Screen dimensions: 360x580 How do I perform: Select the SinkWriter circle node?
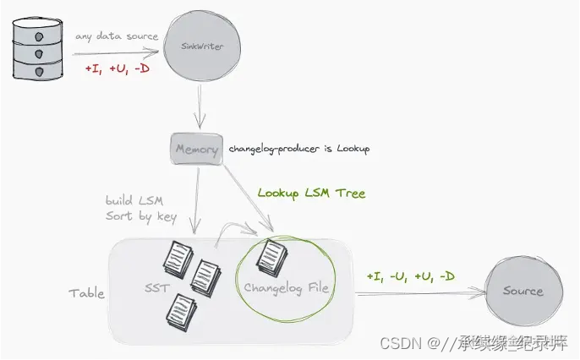pyautogui.click(x=202, y=46)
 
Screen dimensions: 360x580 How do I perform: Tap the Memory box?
pyautogui.click(x=196, y=150)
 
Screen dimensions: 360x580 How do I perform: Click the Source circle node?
pyautogui.click(x=523, y=291)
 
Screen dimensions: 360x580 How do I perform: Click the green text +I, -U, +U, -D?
pyautogui.click(x=410, y=276)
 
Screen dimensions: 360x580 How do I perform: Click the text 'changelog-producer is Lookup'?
pyautogui.click(x=299, y=150)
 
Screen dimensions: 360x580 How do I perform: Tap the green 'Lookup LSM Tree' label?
pyautogui.click(x=311, y=194)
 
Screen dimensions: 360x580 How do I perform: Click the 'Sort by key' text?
pyautogui.click(x=141, y=216)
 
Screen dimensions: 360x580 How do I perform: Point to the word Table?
pyautogui.click(x=87, y=293)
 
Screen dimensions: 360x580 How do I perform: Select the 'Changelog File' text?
pyautogui.click(x=286, y=288)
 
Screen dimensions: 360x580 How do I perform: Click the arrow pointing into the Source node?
pyautogui.click(x=423, y=294)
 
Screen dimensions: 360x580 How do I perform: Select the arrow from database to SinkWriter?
pyautogui.click(x=118, y=52)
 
